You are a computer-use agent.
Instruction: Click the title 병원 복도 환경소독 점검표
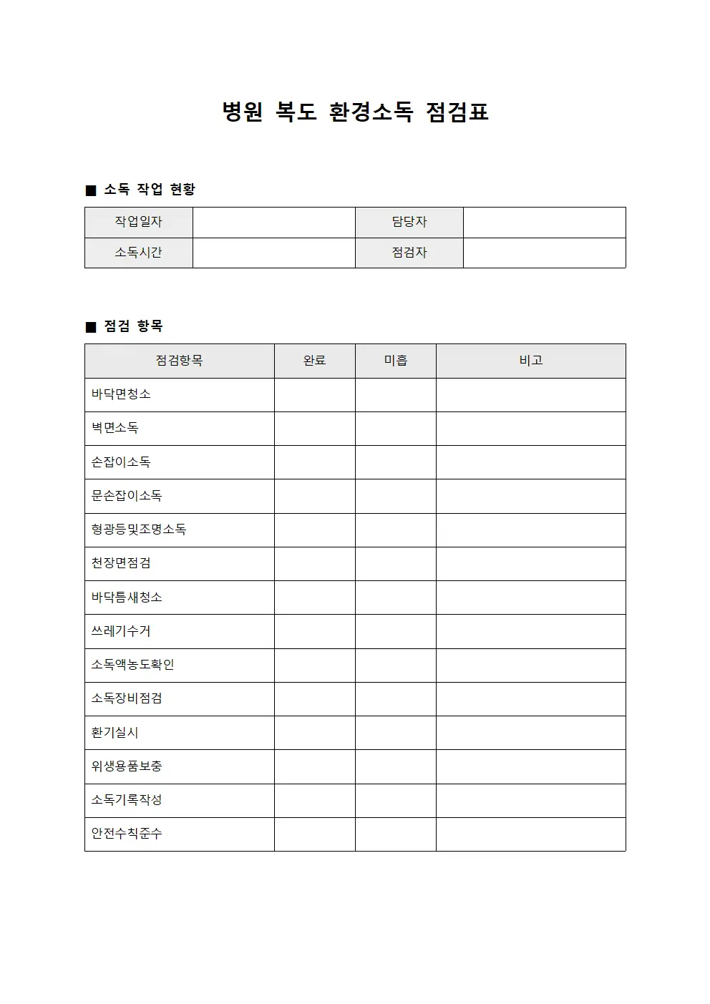355,112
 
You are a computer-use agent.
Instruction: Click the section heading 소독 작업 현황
150,190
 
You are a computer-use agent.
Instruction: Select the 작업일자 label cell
139,223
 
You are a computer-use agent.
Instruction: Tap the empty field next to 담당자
544,223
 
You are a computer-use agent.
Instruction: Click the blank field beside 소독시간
273,253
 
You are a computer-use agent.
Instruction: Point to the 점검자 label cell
409,253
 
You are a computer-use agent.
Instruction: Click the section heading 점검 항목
134,326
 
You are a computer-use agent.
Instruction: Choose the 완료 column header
315,361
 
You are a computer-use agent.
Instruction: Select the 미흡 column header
396,361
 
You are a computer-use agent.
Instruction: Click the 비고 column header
531,361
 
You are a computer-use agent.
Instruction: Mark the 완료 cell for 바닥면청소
315,394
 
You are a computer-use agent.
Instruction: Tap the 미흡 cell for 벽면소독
396,428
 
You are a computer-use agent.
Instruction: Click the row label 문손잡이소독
127,496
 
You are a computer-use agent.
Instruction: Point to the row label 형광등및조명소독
139,530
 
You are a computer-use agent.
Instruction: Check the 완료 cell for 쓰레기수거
315,631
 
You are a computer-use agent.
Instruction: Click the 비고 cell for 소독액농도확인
531,665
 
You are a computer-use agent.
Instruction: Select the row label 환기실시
115,733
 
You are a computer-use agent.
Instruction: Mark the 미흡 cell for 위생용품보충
396,766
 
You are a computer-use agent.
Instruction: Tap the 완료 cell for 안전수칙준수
315,834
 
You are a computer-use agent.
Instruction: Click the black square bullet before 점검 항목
91,328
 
